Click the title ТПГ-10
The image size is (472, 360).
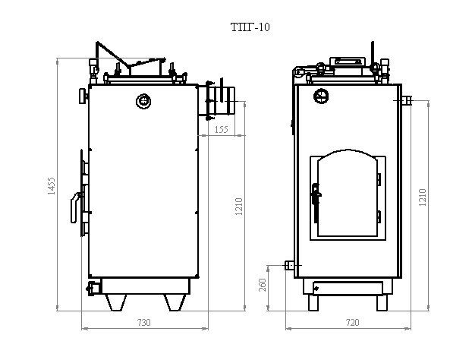point(250,27)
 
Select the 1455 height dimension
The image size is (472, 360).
point(52,186)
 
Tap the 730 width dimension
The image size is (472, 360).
point(144,322)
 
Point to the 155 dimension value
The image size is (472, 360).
point(222,129)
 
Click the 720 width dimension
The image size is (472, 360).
point(353,322)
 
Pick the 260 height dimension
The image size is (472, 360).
point(263,285)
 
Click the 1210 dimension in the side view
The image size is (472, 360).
point(239,207)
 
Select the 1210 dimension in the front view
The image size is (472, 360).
point(423,197)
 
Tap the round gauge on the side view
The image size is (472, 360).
point(143,101)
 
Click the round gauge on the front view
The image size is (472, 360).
point(321,96)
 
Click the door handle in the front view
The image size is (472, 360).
point(316,203)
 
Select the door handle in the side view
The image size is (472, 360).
point(76,208)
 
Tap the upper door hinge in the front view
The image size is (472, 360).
point(379,179)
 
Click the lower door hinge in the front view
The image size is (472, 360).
point(379,217)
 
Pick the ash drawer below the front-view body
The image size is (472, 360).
point(348,288)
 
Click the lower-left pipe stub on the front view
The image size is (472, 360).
point(291,265)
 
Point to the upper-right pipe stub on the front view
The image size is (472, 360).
point(407,100)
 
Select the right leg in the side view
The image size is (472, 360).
point(175,302)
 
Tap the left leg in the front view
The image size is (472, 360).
point(313,303)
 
